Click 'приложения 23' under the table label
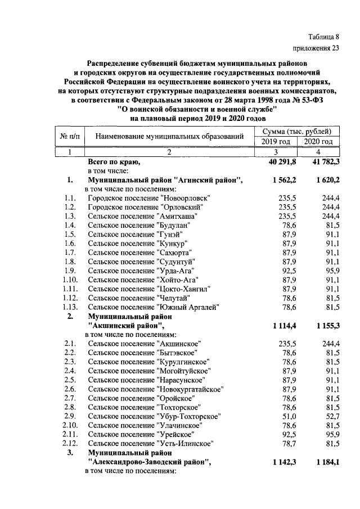(x=317, y=48)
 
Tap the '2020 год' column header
(x=318, y=141)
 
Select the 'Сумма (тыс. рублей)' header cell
(x=296, y=131)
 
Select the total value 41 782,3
(x=319, y=162)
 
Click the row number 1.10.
(x=70, y=280)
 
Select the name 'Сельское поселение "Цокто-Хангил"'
(x=149, y=289)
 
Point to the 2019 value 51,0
(x=287, y=416)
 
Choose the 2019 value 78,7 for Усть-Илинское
(x=287, y=444)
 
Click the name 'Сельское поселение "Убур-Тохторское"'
(x=154, y=416)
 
